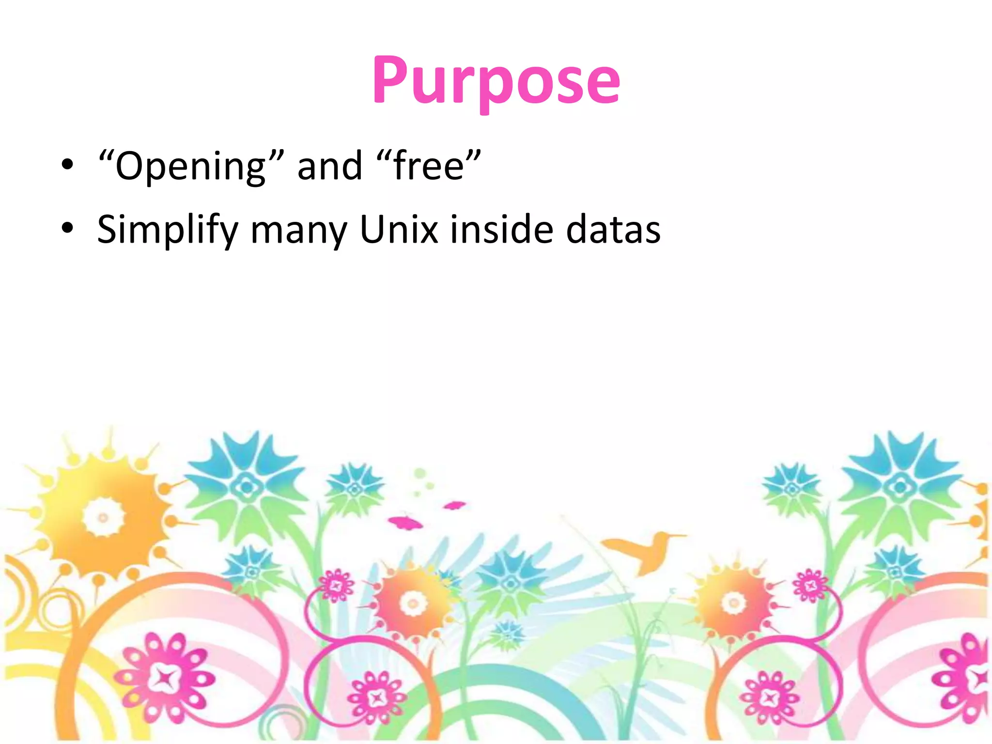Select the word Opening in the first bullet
(x=191, y=166)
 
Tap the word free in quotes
(x=429, y=166)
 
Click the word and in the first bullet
(x=329, y=166)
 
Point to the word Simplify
(x=168, y=229)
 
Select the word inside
(x=501, y=229)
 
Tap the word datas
(x=613, y=229)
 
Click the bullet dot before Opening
(x=68, y=165)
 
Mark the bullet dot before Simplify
(x=68, y=227)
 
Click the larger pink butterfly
(x=405, y=523)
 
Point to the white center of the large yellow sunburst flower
(x=103, y=517)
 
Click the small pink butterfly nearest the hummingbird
(x=455, y=506)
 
